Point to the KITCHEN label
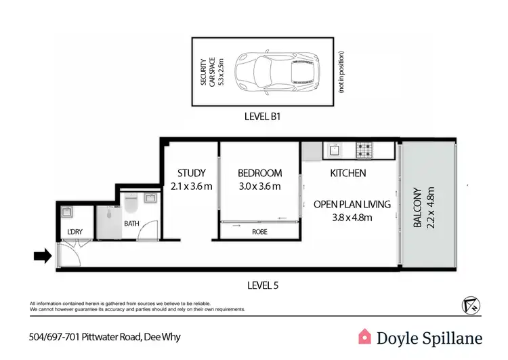pos(347,173)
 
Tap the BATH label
pos(131,222)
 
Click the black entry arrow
pos(42,256)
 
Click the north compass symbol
pos(471,304)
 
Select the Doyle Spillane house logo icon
pos(364,336)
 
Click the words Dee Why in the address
pos(162,336)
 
